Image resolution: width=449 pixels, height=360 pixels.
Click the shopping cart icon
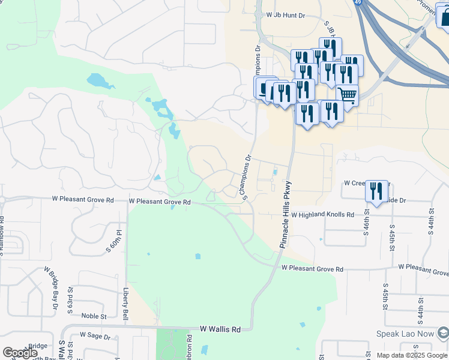coord(347,94)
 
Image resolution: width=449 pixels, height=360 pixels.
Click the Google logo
coord(20,353)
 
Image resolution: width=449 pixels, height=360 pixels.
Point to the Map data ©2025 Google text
coord(412,355)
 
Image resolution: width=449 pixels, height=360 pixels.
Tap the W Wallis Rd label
coord(220,329)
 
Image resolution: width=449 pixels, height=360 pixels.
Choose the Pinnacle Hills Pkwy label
coord(286,214)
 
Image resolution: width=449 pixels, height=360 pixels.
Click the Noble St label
coord(94,316)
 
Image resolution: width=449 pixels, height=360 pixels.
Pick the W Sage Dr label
coord(95,337)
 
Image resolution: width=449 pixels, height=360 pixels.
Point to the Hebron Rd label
coord(189,344)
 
